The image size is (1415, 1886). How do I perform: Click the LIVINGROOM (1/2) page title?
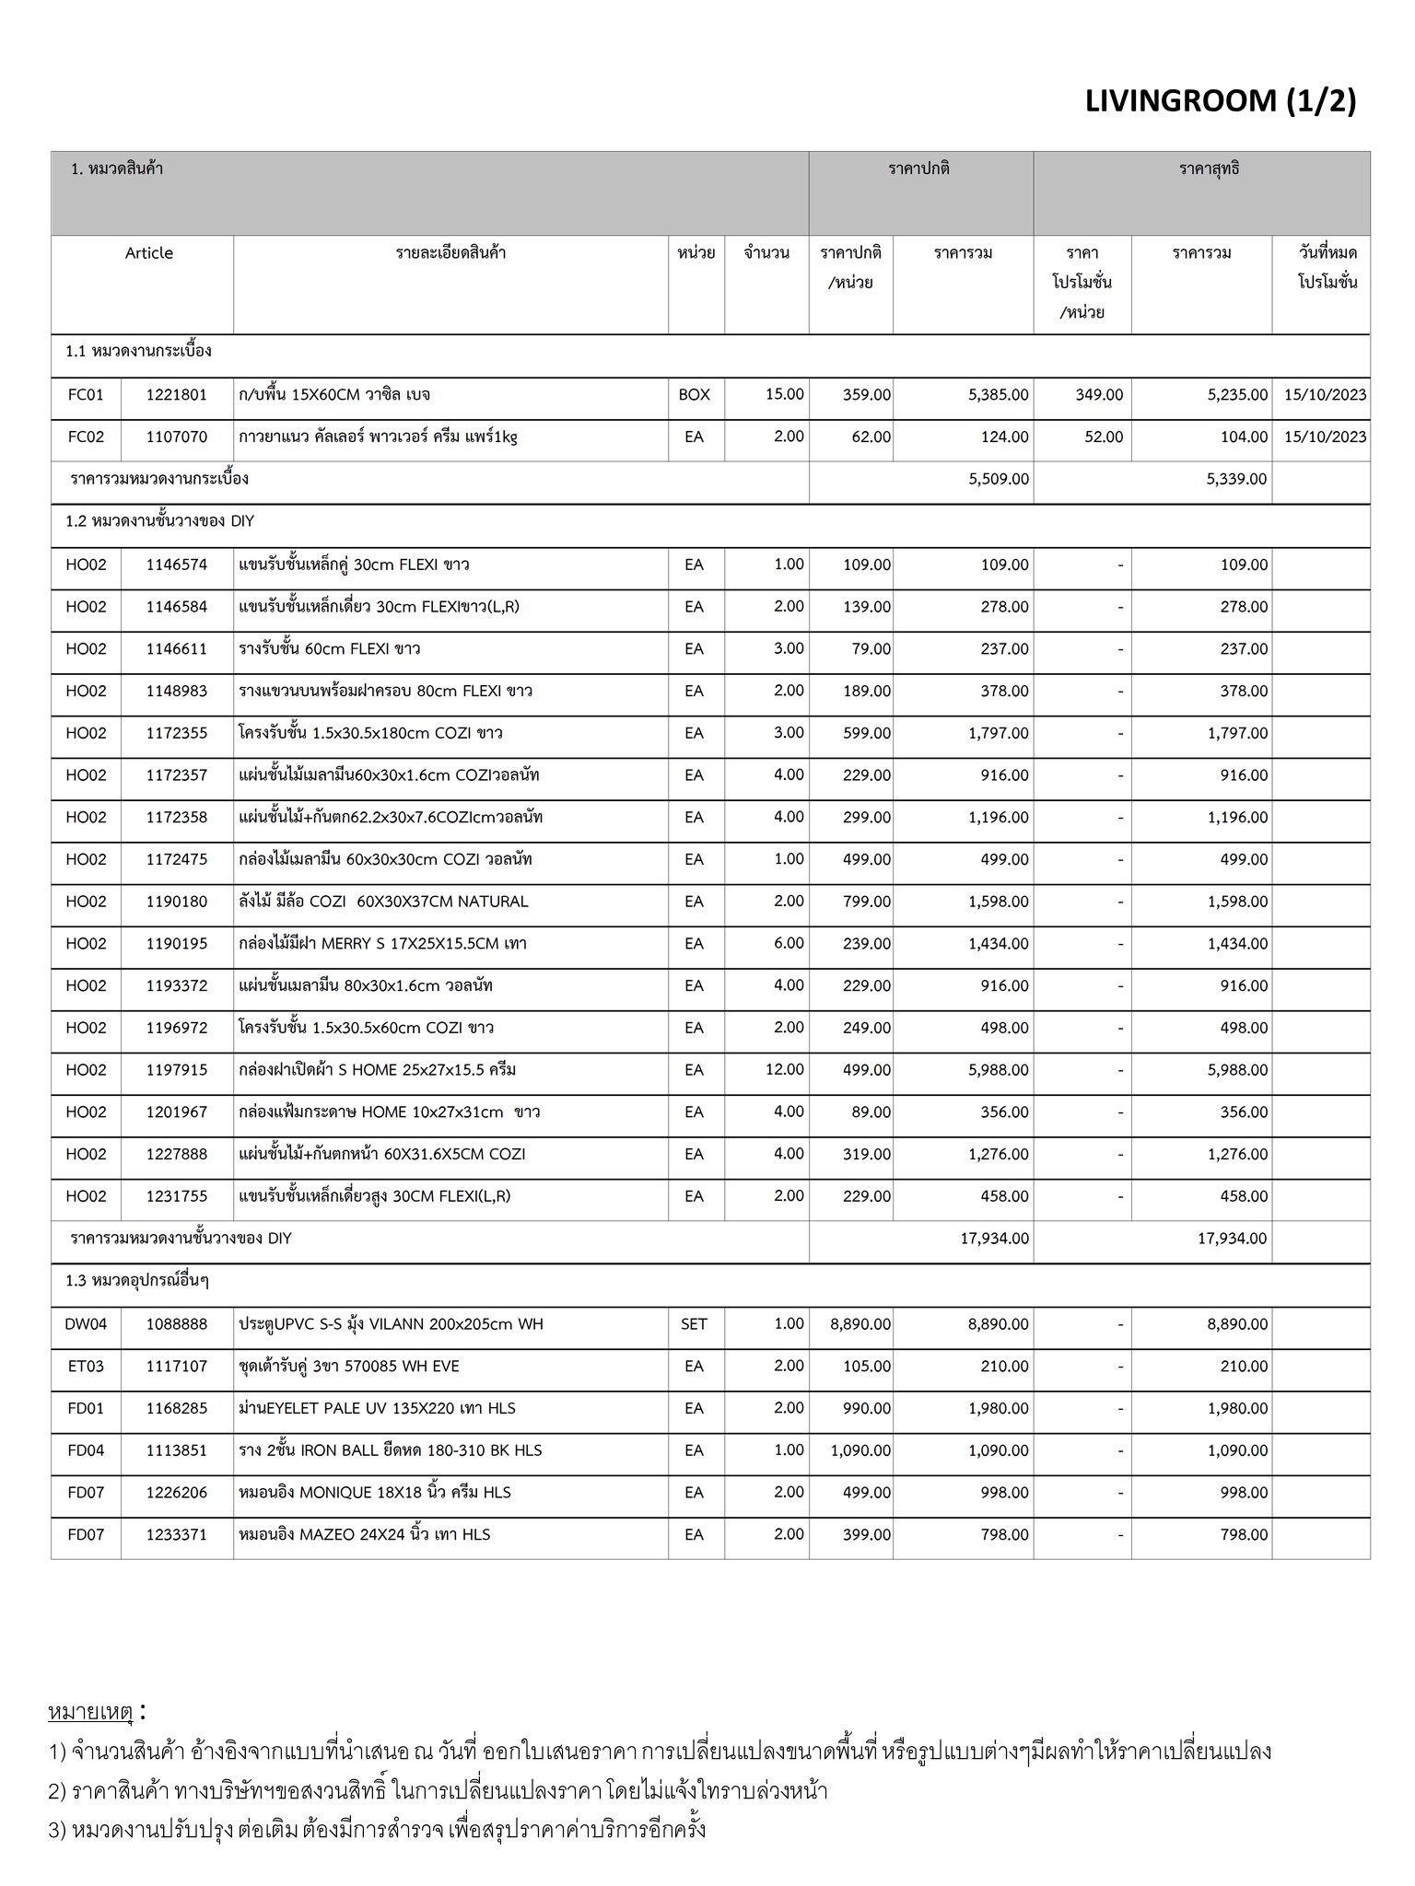(x=1220, y=101)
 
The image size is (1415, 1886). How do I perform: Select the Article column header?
(x=148, y=253)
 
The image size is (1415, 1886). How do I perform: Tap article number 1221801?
(x=177, y=395)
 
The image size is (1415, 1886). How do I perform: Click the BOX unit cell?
(x=694, y=395)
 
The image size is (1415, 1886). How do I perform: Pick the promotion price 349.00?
(x=1099, y=395)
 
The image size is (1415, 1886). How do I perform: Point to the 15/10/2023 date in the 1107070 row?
(x=1325, y=437)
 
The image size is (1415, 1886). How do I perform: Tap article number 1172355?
(x=177, y=734)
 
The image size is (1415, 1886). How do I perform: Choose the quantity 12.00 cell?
(x=784, y=1070)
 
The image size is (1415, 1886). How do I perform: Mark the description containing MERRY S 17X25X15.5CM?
(x=382, y=944)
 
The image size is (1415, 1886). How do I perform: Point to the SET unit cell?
(x=694, y=1324)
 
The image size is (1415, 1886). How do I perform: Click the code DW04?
(x=86, y=1324)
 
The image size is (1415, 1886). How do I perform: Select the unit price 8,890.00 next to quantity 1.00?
(x=860, y=1324)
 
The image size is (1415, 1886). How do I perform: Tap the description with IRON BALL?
(x=390, y=1450)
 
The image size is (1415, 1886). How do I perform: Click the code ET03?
(x=86, y=1367)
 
